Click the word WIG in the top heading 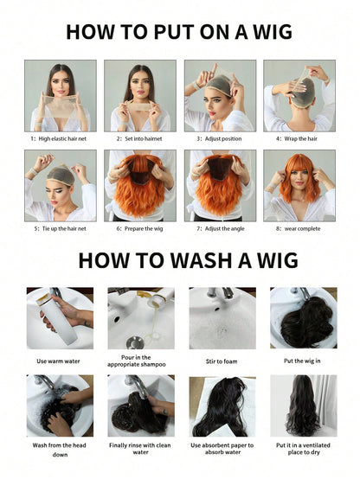coord(273,32)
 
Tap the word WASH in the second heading coord(201,260)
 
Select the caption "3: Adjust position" coord(219,138)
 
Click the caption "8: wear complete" coord(299,229)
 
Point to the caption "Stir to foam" coord(222,361)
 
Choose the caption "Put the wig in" coord(302,361)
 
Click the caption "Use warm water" coord(58,361)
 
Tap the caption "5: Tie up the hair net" coord(61,228)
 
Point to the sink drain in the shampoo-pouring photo coord(135,342)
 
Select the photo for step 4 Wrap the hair coord(299,96)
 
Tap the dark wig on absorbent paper coord(221,406)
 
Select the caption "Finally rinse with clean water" coord(140,449)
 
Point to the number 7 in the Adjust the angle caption coord(198,229)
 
